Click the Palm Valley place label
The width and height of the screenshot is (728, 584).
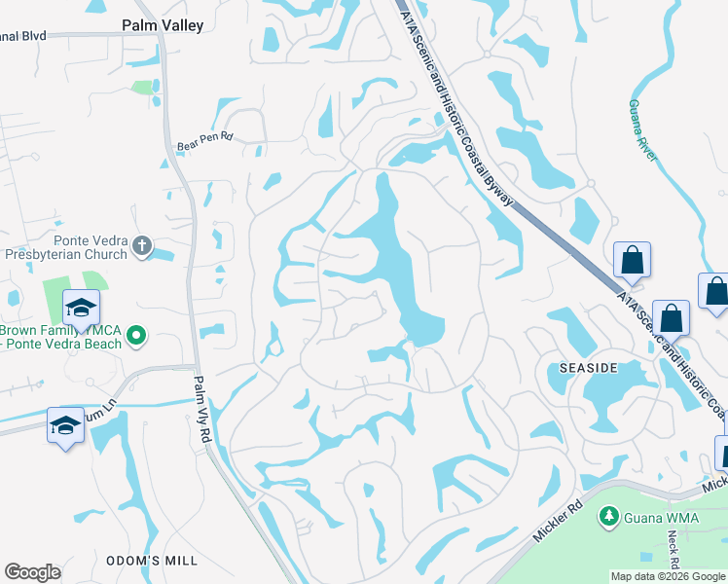(163, 25)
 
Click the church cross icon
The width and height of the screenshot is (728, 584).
(142, 245)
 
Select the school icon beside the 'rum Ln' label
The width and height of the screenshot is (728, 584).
(64, 425)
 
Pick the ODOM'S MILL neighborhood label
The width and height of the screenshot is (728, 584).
(152, 561)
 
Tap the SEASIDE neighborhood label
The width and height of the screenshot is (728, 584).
(589, 367)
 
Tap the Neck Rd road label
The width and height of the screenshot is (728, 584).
(673, 551)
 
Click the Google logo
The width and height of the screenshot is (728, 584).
(32, 571)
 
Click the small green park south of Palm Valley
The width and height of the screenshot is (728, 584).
(143, 88)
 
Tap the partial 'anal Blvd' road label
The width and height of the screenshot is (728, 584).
(23, 36)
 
